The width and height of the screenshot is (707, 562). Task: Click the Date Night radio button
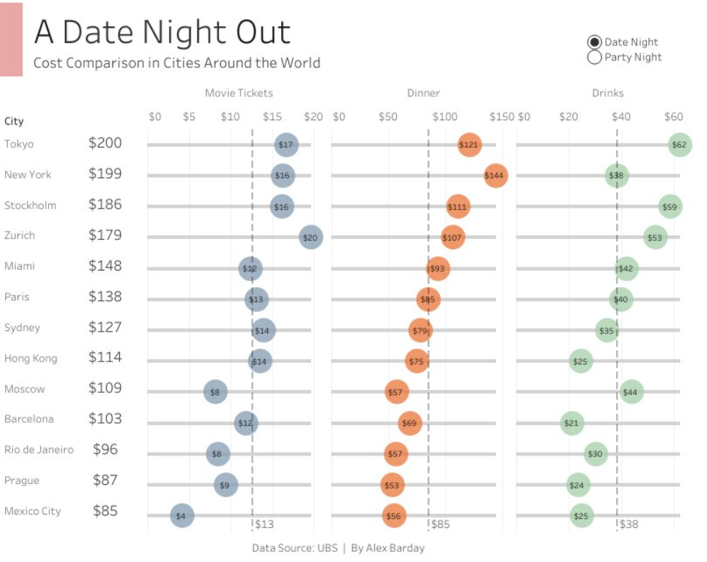(594, 42)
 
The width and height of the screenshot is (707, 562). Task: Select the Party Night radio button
(594, 57)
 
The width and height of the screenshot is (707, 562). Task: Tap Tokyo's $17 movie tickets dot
(286, 144)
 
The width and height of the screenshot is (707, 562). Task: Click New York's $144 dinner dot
(495, 175)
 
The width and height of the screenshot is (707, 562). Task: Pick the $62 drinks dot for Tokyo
(679, 144)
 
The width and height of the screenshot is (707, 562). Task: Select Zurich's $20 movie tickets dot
(311, 236)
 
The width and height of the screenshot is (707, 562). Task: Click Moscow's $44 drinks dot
(631, 392)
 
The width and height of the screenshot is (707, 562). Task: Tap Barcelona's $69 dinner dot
(410, 423)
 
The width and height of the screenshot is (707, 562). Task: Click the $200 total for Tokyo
(105, 143)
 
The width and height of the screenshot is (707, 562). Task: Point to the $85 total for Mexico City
(105, 510)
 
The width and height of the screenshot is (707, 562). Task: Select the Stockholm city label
(30, 205)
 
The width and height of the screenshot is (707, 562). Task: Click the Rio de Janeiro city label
(39, 449)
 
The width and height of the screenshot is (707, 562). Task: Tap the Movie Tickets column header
(239, 93)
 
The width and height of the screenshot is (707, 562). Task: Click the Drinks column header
(607, 93)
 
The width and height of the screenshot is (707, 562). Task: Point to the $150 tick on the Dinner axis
(502, 117)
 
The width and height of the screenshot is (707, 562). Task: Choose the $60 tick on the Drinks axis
(674, 117)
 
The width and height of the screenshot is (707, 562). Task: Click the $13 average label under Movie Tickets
(264, 524)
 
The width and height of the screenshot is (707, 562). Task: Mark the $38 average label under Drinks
(629, 524)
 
